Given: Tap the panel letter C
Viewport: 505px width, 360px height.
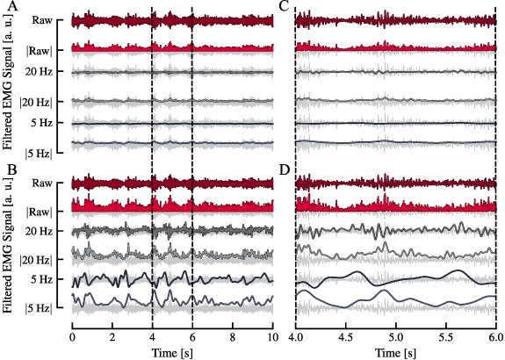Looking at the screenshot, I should pos(307,6).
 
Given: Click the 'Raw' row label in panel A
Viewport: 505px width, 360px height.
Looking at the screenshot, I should pos(40,19).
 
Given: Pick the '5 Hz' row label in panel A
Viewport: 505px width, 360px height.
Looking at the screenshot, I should pos(41,122).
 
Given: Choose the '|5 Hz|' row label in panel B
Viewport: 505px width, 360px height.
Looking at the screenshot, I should pos(39,308).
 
